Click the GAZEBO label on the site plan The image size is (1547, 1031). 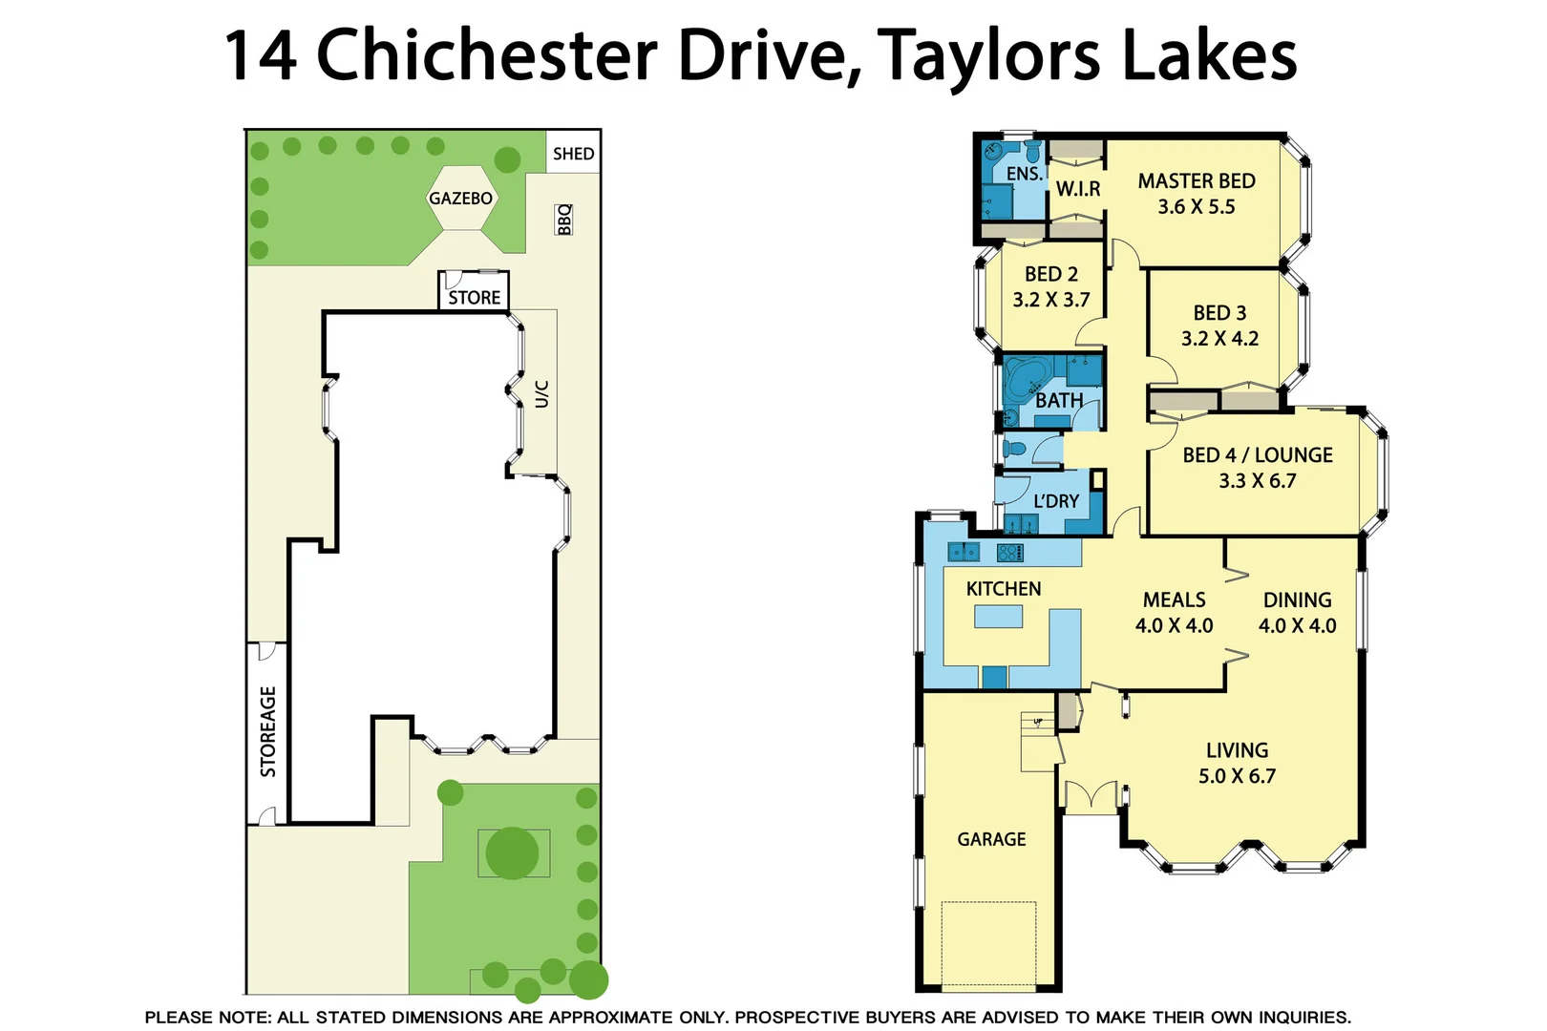460,199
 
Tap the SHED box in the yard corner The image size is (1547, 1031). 573,153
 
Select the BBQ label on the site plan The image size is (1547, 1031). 563,220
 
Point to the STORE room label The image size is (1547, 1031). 475,298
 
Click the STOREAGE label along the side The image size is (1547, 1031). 268,731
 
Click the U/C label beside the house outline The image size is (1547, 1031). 541,393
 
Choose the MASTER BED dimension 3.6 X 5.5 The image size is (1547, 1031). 1196,207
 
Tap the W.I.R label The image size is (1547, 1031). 1078,189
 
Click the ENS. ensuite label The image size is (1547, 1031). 1024,174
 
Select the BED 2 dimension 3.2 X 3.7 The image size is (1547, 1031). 1050,300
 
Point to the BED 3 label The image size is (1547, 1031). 1219,313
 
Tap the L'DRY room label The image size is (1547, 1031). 1056,501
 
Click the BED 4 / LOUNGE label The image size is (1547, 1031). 1257,455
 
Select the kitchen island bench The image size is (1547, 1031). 998,618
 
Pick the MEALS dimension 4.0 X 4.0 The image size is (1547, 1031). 1174,626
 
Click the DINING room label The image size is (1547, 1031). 1297,600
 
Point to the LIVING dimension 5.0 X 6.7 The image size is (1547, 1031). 1237,776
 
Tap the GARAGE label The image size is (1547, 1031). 991,839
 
